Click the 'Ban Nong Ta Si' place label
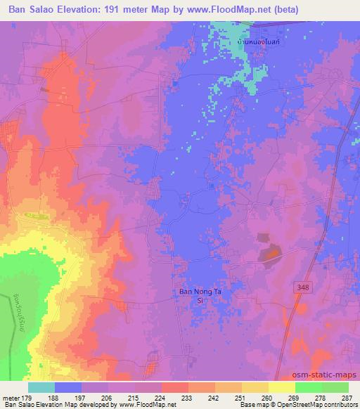pyautogui.click(x=193, y=295)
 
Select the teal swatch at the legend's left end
pyautogui.click(x=41, y=387)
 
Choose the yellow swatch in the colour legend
pyautogui.click(x=282, y=387)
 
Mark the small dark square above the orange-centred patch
pyautogui.click(x=262, y=238)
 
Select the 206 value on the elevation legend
pyautogui.click(x=103, y=397)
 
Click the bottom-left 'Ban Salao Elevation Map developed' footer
pyautogui.click(x=70, y=405)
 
